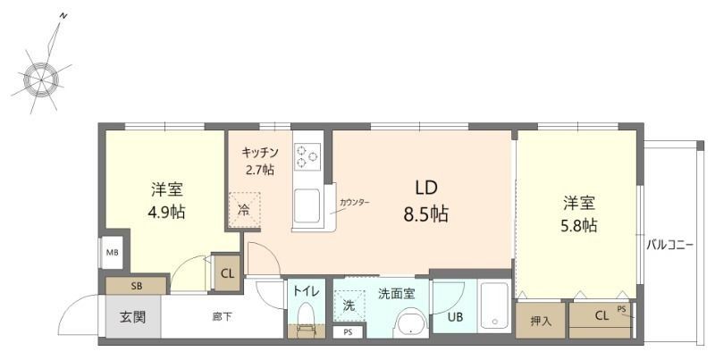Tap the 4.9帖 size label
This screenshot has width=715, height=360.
point(166,212)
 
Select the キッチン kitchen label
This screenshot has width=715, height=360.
point(260,152)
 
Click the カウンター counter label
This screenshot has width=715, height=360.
point(354,202)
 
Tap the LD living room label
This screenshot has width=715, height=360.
point(426,188)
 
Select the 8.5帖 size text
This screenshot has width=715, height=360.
point(426,213)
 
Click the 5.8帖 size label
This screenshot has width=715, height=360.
point(578,225)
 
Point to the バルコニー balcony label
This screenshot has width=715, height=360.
point(669,245)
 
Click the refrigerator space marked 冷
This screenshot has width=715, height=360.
point(244,210)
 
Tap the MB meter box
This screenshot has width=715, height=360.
point(113,252)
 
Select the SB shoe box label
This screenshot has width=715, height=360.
point(137,286)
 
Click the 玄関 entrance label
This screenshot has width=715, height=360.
point(132,317)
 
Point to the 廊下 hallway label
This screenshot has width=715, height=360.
point(222,317)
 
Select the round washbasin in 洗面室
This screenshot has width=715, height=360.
point(411,324)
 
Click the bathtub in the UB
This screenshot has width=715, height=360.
point(494,306)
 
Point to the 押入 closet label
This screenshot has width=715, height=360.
point(541,322)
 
